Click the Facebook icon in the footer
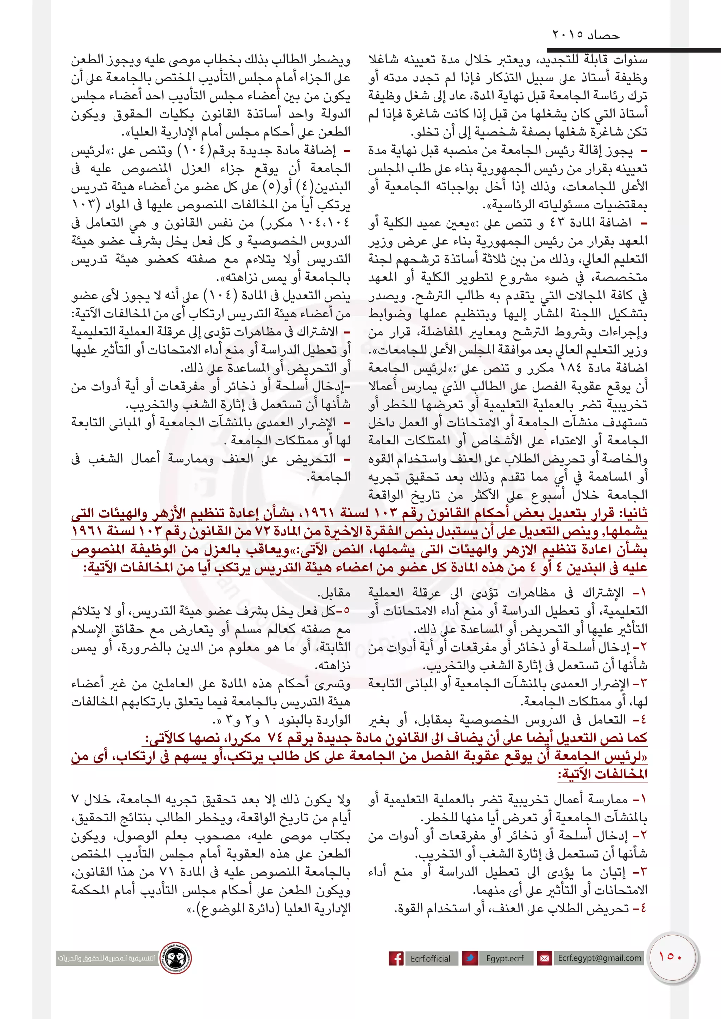pyautogui.click(x=396, y=958)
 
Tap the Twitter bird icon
pyautogui.click(x=470, y=958)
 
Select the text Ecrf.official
pyautogui.click(x=430, y=958)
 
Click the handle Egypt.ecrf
pyautogui.click(x=505, y=958)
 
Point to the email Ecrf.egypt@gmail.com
pyautogui.click(x=599, y=958)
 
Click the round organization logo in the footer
pyautogui.click(x=176, y=958)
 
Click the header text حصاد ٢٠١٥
pyautogui.click(x=585, y=34)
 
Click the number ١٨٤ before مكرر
pyautogui.click(x=570, y=368)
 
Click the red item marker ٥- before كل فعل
pyautogui.click(x=344, y=611)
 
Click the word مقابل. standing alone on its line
pyautogui.click(x=334, y=593)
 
